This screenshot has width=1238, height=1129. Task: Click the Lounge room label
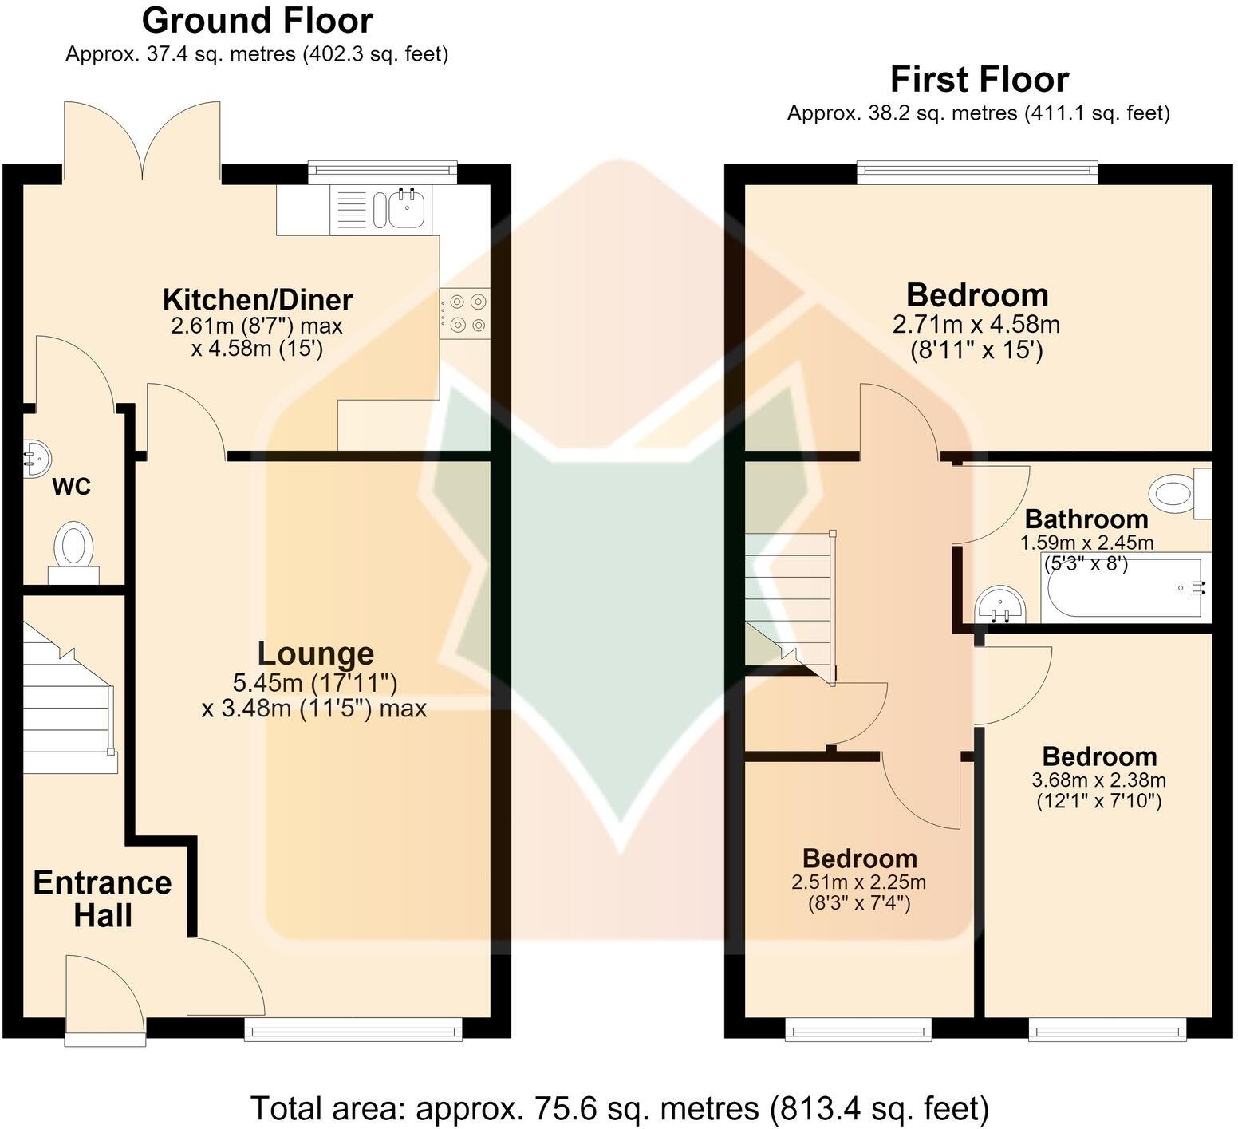point(315,653)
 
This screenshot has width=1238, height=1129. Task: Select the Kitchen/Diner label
point(258,300)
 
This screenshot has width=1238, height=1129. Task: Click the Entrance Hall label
point(103,899)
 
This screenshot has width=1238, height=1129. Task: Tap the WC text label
point(72,487)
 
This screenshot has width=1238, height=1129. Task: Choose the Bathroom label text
point(1086,519)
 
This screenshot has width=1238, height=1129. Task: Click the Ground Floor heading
point(257,21)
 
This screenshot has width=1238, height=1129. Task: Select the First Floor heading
point(980,80)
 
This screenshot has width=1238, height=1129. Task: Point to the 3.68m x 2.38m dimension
point(1099,780)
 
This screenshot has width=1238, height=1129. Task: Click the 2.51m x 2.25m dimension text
point(858,882)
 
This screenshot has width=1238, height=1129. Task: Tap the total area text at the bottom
point(620,1108)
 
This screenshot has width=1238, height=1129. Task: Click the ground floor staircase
point(69,698)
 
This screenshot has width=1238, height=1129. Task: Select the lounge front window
point(353,1029)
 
